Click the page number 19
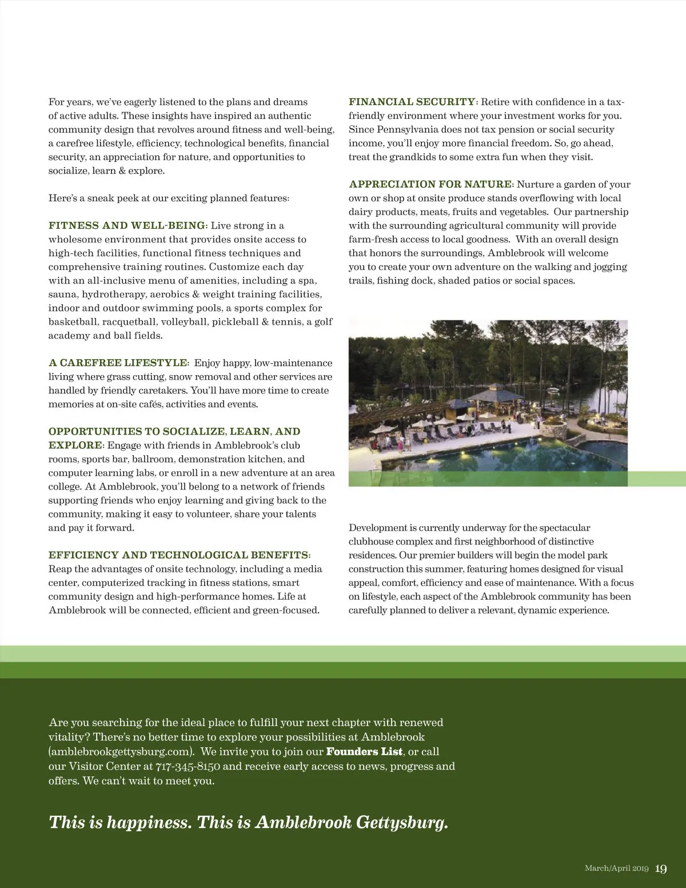click(x=661, y=869)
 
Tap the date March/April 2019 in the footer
click(x=616, y=869)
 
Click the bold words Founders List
click(x=364, y=751)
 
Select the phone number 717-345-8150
click(x=188, y=766)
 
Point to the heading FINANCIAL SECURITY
click(x=412, y=102)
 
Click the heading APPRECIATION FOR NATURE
click(x=430, y=184)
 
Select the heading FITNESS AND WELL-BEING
click(x=127, y=225)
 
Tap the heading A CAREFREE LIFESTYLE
click(x=118, y=363)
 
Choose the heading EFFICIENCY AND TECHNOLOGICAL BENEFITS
click(x=179, y=555)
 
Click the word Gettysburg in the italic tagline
click(x=402, y=822)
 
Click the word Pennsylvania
click(x=406, y=130)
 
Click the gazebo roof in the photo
click(x=495, y=395)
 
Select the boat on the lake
click(x=553, y=392)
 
